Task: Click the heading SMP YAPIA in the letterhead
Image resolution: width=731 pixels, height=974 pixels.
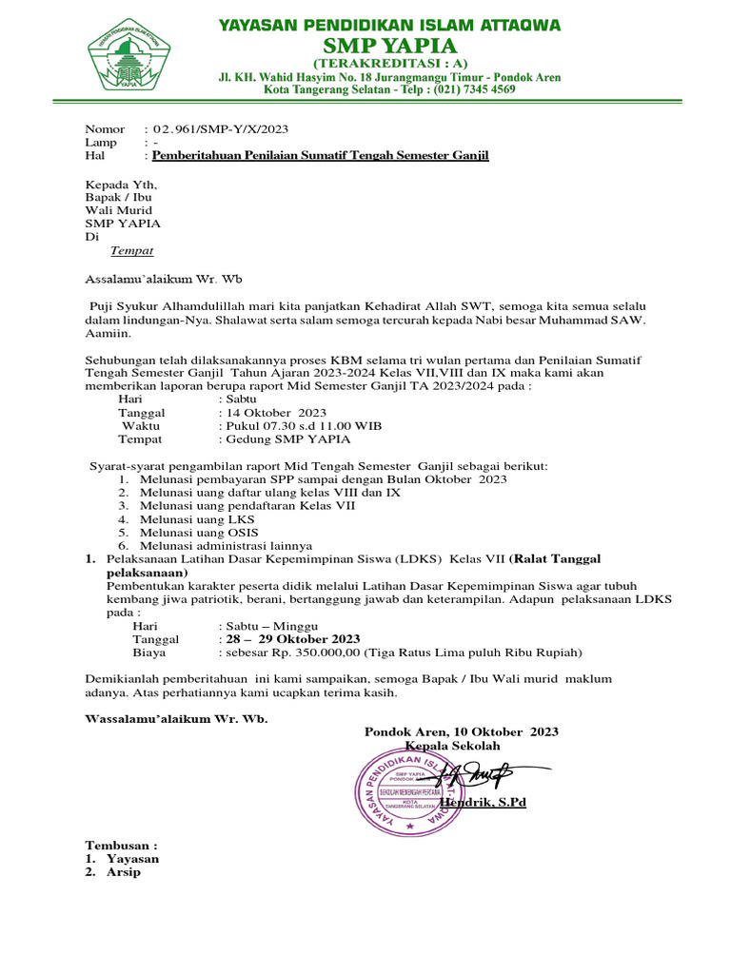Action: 390,46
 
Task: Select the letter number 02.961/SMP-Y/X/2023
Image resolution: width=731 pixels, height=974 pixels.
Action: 221,128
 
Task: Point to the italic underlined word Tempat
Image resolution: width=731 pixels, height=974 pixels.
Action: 131,251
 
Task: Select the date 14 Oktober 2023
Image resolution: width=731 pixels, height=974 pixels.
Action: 275,413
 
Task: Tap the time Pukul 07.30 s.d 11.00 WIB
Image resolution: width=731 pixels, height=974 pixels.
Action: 303,426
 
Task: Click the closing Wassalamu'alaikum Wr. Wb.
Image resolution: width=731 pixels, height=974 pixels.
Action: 176,719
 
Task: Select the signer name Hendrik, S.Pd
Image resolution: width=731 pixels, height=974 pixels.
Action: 483,803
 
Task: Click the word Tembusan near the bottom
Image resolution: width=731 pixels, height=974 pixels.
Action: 121,845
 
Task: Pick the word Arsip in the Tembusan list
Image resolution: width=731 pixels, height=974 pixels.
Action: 123,871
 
